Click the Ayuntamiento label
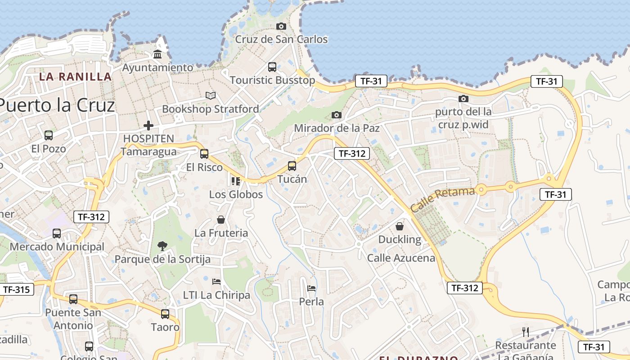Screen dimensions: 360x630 (x=158, y=67)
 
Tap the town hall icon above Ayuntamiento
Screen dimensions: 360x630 (x=157, y=54)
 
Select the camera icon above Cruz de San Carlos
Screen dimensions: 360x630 (x=281, y=27)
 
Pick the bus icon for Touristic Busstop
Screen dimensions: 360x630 (x=272, y=67)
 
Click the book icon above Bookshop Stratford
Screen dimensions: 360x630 (x=211, y=95)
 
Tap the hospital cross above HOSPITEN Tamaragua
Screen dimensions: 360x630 (x=148, y=126)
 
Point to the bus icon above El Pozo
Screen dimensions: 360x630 (x=49, y=135)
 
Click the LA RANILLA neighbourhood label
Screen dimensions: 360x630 (x=75, y=76)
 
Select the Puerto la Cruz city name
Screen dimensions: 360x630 (x=56, y=105)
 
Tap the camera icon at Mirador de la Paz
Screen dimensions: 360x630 (x=337, y=115)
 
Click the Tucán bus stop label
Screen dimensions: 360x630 (x=292, y=179)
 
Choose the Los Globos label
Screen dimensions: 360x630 (x=236, y=194)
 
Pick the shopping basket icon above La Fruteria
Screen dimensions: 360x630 (x=221, y=220)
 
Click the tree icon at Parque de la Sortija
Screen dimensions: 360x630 (x=162, y=246)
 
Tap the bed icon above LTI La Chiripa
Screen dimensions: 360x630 (x=216, y=282)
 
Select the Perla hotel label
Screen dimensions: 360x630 (x=311, y=301)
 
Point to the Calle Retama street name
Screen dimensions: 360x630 (x=443, y=199)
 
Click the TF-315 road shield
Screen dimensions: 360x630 (x=16, y=289)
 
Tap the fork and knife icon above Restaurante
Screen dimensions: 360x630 (x=526, y=332)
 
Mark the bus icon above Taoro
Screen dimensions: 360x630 (x=165, y=314)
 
